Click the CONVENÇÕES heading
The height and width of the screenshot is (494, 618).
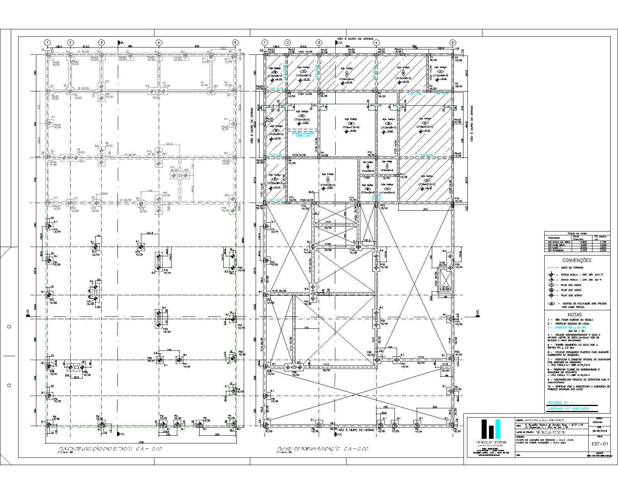[577, 261]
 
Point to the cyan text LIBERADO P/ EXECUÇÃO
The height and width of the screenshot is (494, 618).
[568, 408]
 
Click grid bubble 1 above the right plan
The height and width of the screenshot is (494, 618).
[265, 42]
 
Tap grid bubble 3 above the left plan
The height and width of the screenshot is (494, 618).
[101, 42]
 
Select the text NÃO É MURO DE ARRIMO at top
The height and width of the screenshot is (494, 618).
[355, 39]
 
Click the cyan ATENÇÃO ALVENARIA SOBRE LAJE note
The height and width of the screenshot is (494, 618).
[302, 134]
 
